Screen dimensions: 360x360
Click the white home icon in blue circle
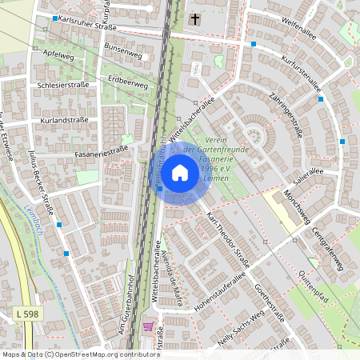(x=180, y=172)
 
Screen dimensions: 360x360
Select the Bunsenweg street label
(x=122, y=50)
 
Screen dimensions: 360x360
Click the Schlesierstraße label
(x=62, y=84)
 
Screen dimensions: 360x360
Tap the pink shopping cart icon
(x=147, y=326)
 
